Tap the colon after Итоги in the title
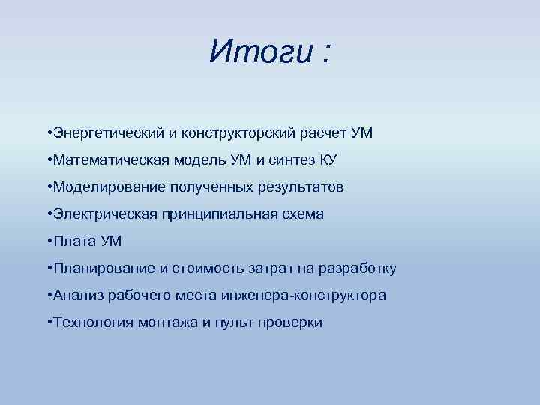pos(325,54)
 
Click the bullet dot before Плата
pos(48,241)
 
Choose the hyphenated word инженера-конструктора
pos(304,295)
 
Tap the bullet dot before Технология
pos(48,322)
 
